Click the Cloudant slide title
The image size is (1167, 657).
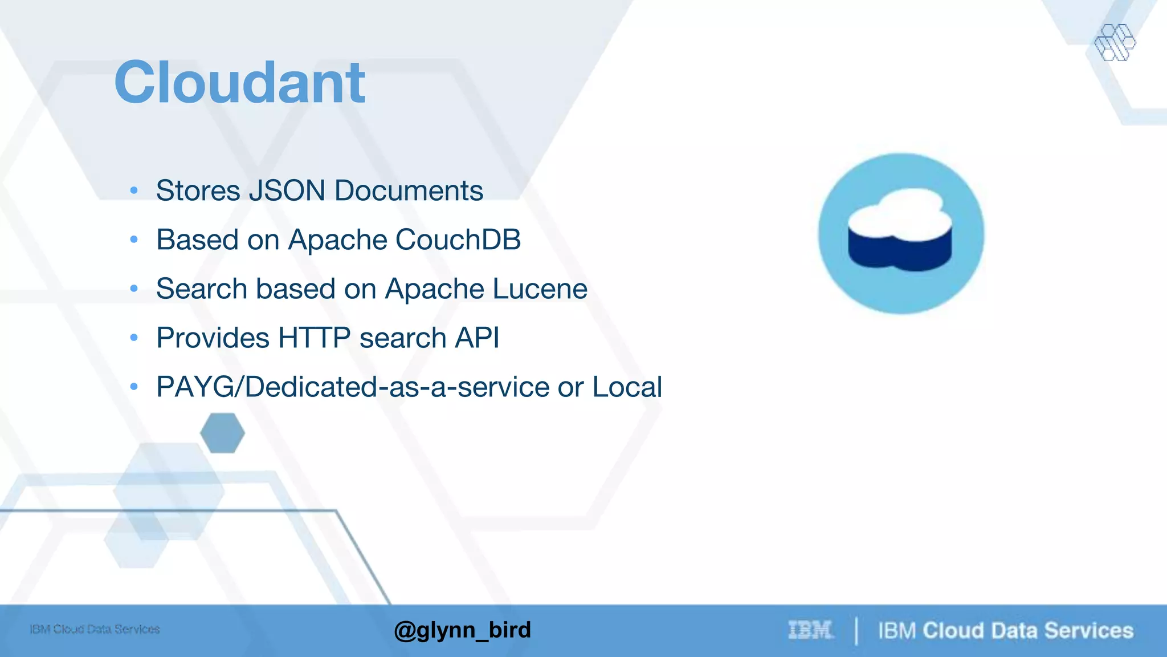(239, 83)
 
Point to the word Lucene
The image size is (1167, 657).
(540, 289)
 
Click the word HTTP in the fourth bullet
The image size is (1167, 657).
(314, 338)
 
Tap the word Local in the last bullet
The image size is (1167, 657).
(627, 387)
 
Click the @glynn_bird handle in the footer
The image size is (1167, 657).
(462, 630)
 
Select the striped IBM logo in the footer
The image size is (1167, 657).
(810, 630)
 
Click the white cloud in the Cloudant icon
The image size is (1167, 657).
(900, 214)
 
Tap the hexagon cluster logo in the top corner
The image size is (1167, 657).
(1115, 42)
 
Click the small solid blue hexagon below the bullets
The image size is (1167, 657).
(222, 433)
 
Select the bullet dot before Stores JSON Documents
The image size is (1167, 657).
(134, 190)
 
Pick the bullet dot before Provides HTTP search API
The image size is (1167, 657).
(134, 338)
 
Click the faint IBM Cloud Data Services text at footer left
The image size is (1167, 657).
(95, 629)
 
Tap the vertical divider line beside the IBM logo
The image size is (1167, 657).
(856, 631)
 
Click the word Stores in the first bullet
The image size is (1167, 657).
(198, 190)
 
